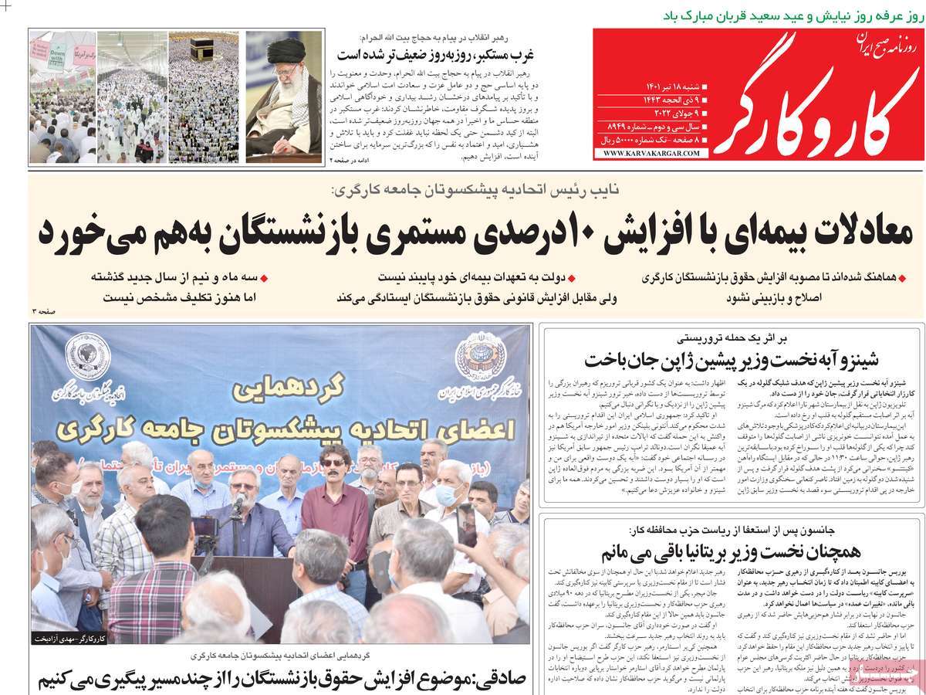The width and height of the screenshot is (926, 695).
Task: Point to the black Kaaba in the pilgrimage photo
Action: tap(202, 48)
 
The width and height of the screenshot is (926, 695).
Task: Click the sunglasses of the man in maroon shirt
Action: tap(333, 462)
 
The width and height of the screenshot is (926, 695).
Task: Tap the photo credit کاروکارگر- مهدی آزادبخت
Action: tap(69, 639)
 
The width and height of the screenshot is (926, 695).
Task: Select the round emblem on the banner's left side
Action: tap(87, 356)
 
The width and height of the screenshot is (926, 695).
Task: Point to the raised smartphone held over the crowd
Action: tap(466, 525)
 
